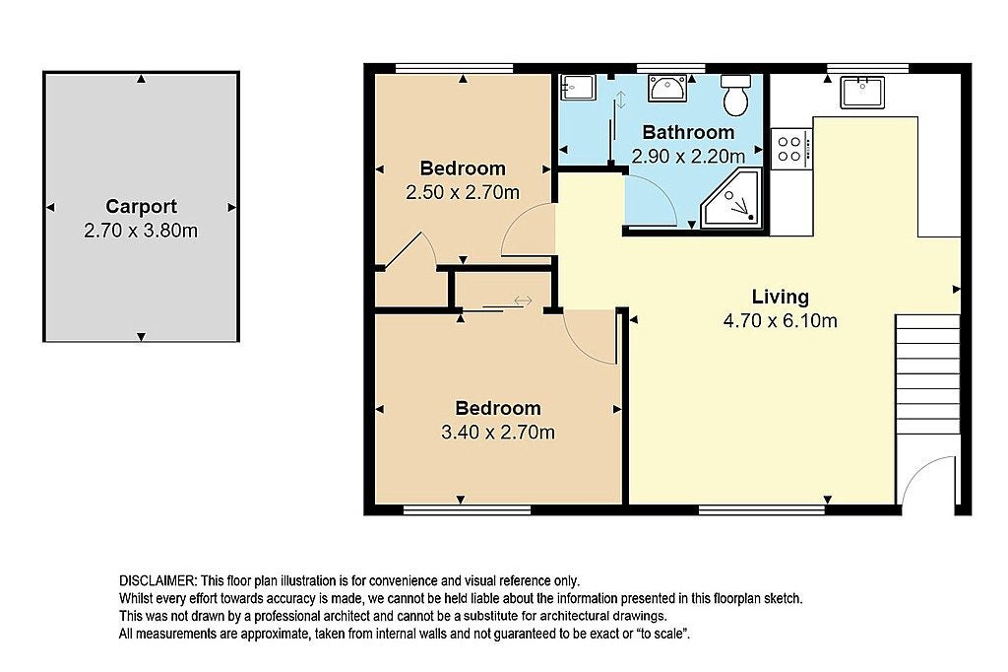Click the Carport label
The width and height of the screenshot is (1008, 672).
coord(141,207)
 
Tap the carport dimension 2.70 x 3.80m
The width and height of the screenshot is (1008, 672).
coord(141,231)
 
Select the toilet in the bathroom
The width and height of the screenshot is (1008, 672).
coord(736,95)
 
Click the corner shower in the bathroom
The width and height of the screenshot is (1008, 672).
coord(731,199)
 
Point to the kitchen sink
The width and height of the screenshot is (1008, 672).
coord(862,92)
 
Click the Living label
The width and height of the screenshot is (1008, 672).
coord(781,297)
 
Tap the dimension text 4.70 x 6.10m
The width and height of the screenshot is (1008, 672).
coord(781,320)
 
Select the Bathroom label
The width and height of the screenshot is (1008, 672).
coord(688,133)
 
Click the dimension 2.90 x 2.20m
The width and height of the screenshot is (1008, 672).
coord(688,157)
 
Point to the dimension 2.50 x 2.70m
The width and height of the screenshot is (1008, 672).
coord(463,192)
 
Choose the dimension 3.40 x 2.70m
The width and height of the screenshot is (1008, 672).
coord(498,432)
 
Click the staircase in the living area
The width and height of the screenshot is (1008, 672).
coord(927,373)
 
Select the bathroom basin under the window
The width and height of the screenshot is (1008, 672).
coord(667,88)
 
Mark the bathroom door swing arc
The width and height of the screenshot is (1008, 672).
coord(661,189)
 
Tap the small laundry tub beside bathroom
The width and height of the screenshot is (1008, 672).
coord(578,87)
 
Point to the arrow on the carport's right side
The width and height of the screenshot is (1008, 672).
coord(232,207)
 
